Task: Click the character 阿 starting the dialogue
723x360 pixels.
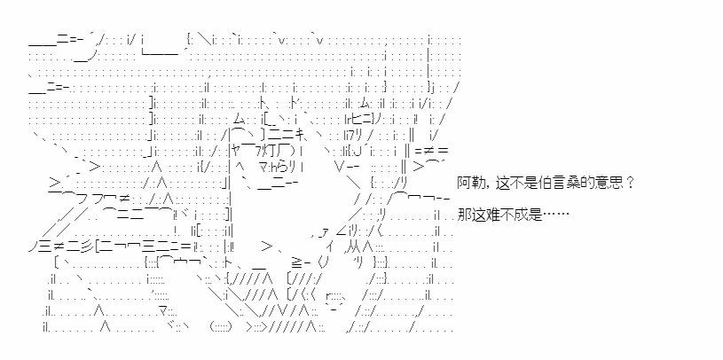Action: coord(464,184)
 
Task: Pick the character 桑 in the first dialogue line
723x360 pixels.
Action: coord(570,184)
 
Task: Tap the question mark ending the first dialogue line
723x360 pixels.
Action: coord(629,184)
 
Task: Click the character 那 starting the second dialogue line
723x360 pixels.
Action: coord(464,215)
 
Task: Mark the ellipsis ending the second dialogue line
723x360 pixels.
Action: coord(557,215)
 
